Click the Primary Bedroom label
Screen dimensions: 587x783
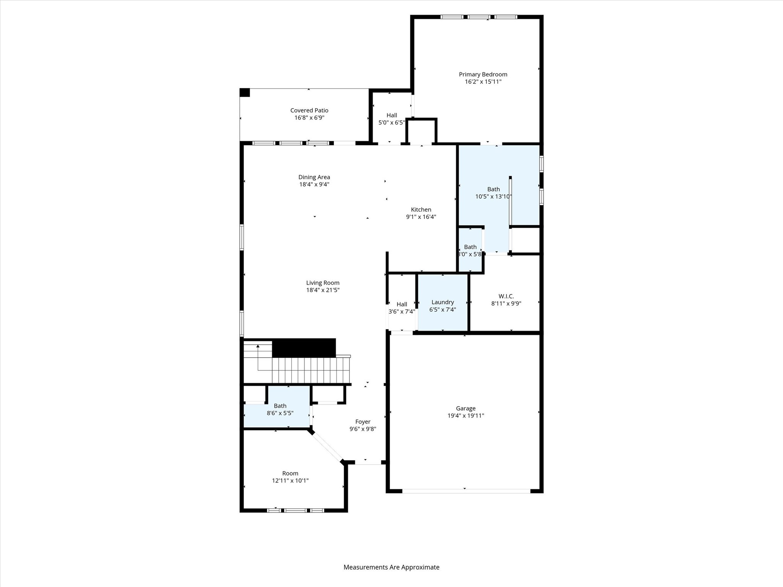click(483, 75)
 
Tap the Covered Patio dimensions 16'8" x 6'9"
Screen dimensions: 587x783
click(309, 118)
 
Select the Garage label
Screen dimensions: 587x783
click(465, 409)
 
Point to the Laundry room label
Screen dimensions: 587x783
click(442, 302)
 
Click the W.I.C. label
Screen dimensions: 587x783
click(506, 296)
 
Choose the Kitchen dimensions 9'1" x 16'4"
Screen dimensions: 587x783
click(421, 217)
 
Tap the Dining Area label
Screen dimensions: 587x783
click(314, 177)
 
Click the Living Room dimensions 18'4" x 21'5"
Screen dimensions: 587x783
click(323, 290)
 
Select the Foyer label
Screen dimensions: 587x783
click(362, 422)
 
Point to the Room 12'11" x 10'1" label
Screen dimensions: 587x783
click(290, 473)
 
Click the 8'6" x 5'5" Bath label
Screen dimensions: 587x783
click(280, 406)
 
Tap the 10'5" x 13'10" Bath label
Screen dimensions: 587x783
click(493, 190)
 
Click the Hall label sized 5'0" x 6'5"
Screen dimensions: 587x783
click(391, 115)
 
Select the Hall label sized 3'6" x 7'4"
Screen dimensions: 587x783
click(401, 305)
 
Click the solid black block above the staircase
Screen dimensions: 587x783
click(304, 348)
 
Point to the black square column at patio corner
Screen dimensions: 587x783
click(245, 92)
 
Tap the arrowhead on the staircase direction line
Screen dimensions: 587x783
click(258, 346)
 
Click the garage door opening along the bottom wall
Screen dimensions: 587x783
click(466, 491)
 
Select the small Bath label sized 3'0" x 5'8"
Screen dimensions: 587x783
click(470, 247)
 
